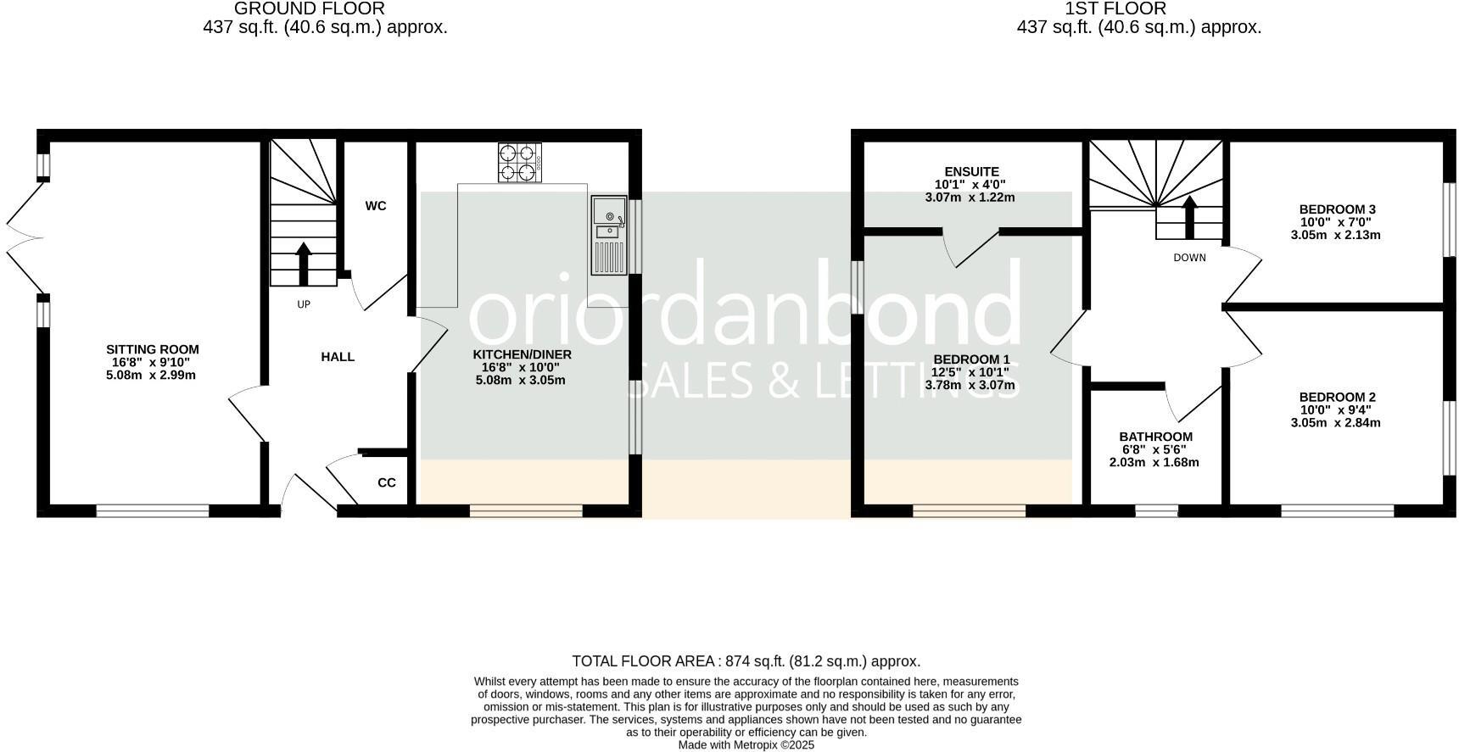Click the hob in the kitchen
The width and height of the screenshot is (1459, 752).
coord(519,162)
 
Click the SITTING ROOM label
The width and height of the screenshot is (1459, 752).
coord(153,349)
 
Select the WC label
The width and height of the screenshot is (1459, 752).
coord(376,206)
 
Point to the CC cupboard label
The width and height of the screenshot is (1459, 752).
coord(387,483)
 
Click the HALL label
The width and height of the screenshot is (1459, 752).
coord(338,357)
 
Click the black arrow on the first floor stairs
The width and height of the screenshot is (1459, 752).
coord(1189,217)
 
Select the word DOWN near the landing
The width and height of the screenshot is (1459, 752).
coord(1189,258)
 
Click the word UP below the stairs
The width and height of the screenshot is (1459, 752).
coord(304,304)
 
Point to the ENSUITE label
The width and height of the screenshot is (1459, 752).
coord(971,172)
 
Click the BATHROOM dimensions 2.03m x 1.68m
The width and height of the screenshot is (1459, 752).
coord(1154,463)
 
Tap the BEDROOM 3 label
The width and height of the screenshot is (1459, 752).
coord(1337,209)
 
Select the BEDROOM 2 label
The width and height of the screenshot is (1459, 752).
coord(1337,397)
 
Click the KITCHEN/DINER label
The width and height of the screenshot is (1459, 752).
coord(522,354)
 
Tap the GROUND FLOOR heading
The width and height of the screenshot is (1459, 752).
coord(309,9)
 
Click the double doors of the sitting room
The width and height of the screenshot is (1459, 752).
coord(24,239)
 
